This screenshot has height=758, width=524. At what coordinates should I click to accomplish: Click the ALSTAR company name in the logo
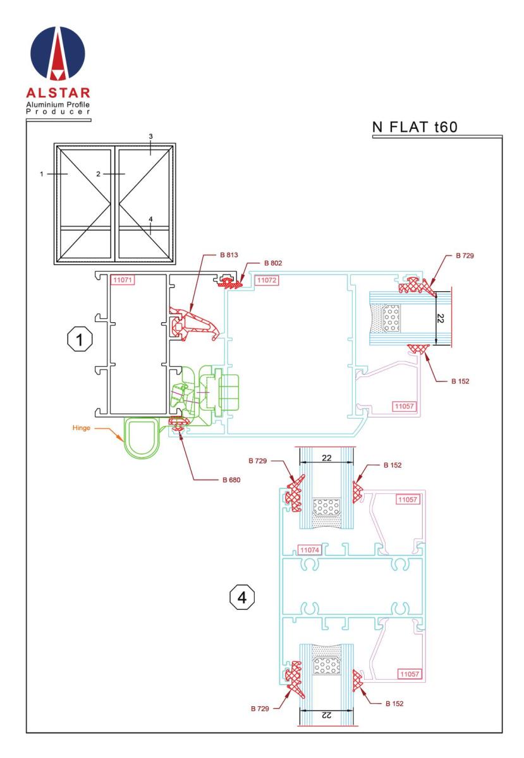(x=58, y=93)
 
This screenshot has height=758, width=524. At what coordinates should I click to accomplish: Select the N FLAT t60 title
(x=415, y=127)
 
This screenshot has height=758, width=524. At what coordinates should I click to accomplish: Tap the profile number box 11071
(x=123, y=280)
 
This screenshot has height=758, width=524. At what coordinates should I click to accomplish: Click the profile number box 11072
(x=267, y=280)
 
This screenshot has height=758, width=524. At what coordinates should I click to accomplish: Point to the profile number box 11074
(x=310, y=550)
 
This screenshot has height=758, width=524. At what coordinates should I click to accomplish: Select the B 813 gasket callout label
(x=229, y=255)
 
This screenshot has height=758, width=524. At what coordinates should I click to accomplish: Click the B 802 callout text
(x=273, y=263)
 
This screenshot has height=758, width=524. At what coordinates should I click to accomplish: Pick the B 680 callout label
(x=231, y=479)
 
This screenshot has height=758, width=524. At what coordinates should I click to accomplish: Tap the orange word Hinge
(x=82, y=428)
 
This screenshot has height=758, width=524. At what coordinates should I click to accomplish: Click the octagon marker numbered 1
(x=80, y=339)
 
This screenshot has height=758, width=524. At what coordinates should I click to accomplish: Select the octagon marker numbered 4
(x=242, y=598)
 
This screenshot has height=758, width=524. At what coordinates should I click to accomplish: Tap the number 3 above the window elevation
(x=150, y=136)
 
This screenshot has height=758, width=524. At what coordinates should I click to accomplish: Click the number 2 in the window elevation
(x=98, y=174)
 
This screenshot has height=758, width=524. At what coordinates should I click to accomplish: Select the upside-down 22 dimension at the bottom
(x=326, y=714)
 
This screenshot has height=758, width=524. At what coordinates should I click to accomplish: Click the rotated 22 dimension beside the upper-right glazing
(x=440, y=318)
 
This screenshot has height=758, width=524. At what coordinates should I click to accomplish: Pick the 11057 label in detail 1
(x=404, y=406)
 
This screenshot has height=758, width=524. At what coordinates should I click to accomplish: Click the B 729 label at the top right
(x=465, y=255)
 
